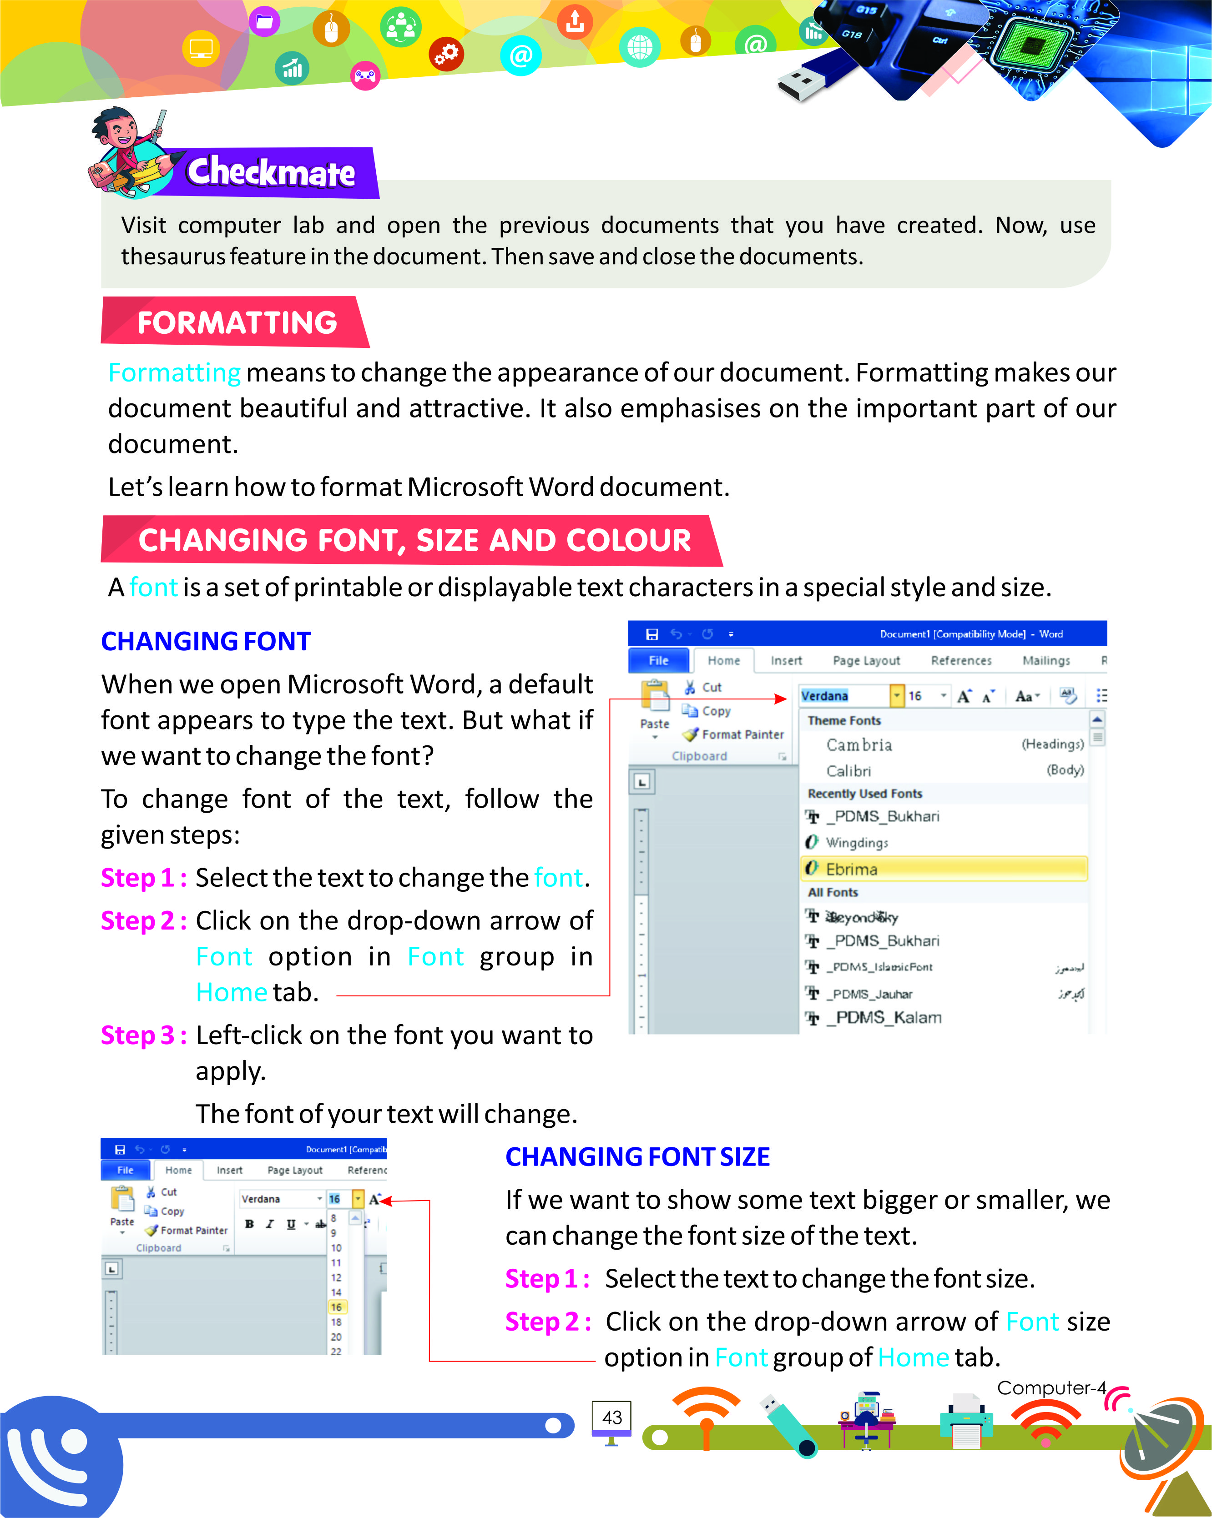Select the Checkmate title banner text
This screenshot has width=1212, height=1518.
pyautogui.click(x=271, y=172)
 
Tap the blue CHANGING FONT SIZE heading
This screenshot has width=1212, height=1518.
pyautogui.click(x=637, y=1157)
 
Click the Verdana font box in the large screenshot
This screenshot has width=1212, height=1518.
pyautogui.click(x=842, y=696)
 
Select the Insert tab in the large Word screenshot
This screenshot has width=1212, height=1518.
pyautogui.click(x=786, y=660)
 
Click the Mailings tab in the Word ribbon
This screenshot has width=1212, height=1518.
pyautogui.click(x=1046, y=660)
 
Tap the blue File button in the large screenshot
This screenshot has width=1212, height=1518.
pyautogui.click(x=658, y=660)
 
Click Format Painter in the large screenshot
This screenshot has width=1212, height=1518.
pyautogui.click(x=742, y=734)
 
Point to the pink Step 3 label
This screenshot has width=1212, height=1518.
pyautogui.click(x=143, y=1035)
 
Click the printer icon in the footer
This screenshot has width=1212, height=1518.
pyautogui.click(x=966, y=1420)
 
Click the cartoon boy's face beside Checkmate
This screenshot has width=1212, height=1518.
pyautogui.click(x=124, y=130)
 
